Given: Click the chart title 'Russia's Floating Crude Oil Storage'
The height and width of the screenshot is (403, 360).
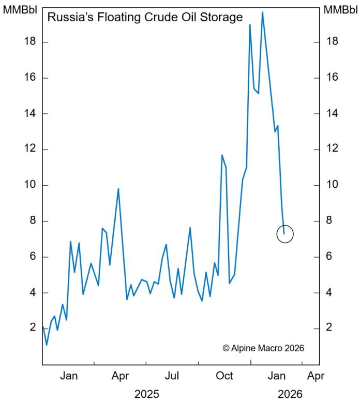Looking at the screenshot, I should coord(145,18).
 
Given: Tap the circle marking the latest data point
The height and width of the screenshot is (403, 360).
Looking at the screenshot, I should coord(284,234).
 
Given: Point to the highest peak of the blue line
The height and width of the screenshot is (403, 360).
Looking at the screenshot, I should coord(262,12).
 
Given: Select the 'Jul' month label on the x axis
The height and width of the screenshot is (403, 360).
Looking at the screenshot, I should coord(172,376).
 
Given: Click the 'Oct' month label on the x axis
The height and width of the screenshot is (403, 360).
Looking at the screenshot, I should coord(224,376).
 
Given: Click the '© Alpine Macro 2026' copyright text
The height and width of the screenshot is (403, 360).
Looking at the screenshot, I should coord(263,348).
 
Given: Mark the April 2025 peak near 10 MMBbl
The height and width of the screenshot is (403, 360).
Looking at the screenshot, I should coord(118,189).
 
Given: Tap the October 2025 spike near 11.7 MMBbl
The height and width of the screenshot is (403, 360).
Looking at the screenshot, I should coord(222,155).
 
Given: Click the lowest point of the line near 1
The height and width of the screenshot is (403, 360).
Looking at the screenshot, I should coord(47,345).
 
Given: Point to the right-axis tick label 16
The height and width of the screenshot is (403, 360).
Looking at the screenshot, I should coord(329,78).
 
